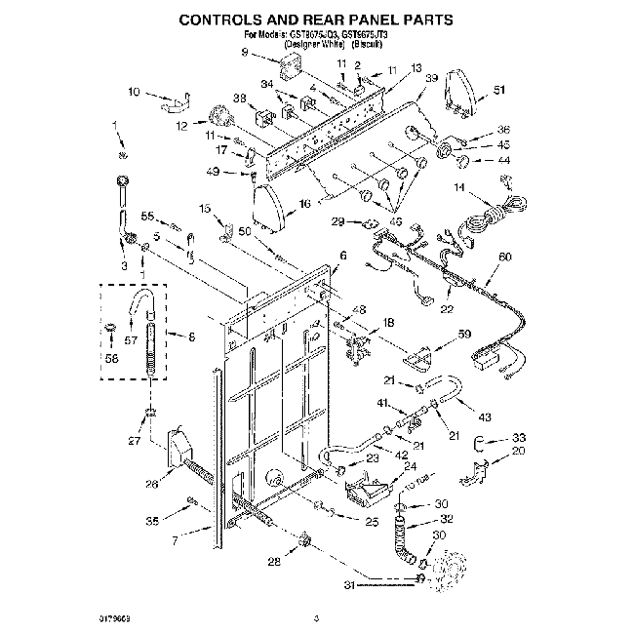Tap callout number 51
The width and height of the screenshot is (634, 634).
click(x=500, y=91)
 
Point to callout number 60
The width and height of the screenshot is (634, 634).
click(x=504, y=257)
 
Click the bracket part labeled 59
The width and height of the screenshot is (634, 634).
click(x=416, y=360)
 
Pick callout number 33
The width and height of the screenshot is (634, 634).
click(x=519, y=437)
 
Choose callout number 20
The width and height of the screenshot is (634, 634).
click(x=519, y=451)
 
